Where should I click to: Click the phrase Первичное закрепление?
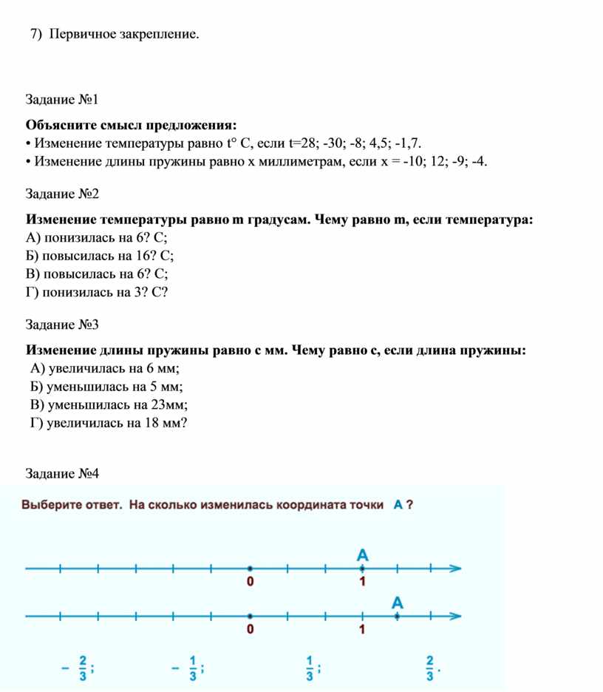(x=125, y=35)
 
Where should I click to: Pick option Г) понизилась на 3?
(x=97, y=293)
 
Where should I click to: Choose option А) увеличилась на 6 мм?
(x=106, y=369)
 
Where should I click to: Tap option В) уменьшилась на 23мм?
(x=109, y=404)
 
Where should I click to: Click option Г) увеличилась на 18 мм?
(x=109, y=423)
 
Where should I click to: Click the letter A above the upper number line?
(x=362, y=554)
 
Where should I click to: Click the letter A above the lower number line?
(x=398, y=603)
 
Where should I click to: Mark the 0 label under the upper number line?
(x=250, y=583)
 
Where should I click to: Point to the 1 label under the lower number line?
(x=362, y=630)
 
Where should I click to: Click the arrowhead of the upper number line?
(x=456, y=569)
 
